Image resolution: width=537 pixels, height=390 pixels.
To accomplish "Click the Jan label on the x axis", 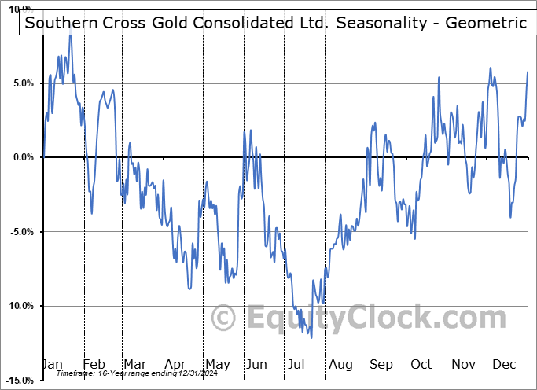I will [x=53, y=364].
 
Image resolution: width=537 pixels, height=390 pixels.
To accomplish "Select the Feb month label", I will [x=94, y=364].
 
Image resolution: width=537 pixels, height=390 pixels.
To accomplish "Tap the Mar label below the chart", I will [x=134, y=364].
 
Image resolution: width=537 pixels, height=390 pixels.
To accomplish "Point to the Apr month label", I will [x=175, y=364].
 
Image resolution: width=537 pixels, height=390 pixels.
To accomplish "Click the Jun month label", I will [x=256, y=364].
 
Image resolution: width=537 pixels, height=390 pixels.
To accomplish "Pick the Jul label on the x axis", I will [x=296, y=364].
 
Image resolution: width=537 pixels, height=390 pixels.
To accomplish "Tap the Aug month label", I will [x=340, y=364].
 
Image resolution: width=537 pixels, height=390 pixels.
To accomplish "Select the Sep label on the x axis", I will [x=381, y=364].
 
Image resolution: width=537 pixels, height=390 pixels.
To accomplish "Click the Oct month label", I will [x=421, y=364].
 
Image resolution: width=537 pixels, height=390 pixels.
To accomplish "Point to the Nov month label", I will [x=463, y=364].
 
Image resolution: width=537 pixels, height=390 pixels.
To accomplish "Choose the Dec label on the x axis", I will [x=504, y=364].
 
